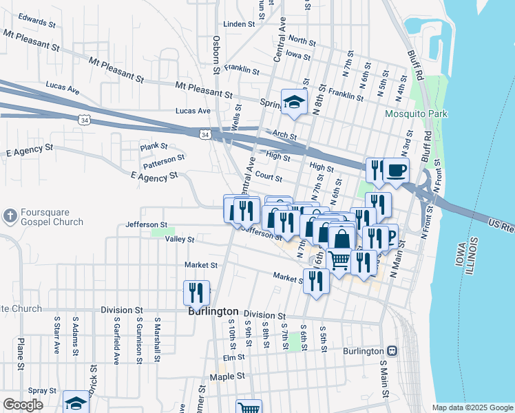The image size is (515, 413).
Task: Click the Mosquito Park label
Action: coord(416,114)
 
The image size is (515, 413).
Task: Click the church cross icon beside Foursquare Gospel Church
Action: coord(10,217)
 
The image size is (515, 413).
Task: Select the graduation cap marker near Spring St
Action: coord(294,103)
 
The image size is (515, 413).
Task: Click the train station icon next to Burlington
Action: coord(392,351)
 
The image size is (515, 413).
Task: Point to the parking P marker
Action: coord(390,236)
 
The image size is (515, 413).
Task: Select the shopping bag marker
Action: coord(341,239)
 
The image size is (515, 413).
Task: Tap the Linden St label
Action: coord(240,24)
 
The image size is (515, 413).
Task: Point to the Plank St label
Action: coord(154,147)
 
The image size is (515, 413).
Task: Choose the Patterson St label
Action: coord(164,162)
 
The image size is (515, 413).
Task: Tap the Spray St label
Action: coord(43,390)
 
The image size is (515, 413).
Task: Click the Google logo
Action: coord(23,405)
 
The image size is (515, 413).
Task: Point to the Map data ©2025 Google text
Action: coord(472,407)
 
